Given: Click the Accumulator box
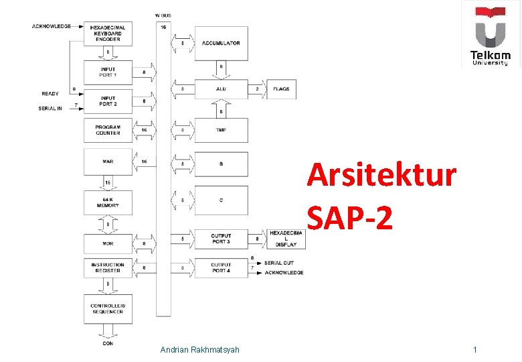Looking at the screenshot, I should click(x=221, y=43).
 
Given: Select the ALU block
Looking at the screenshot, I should click(x=221, y=88).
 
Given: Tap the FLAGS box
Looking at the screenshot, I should click(x=281, y=88).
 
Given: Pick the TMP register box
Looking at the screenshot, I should click(x=221, y=130).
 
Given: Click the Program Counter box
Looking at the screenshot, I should click(x=108, y=130).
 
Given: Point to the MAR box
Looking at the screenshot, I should click(x=108, y=162).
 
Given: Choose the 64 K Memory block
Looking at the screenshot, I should click(x=108, y=202).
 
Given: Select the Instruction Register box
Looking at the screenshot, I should click(x=108, y=268).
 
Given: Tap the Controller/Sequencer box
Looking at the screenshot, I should click(x=108, y=308).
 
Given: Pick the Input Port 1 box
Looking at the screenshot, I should click(x=108, y=71).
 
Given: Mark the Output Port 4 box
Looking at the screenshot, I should click(x=221, y=268).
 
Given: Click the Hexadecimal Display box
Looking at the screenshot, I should click(x=286, y=239).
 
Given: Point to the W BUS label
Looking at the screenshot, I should click(x=163, y=15).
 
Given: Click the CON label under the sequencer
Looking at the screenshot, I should click(x=108, y=344).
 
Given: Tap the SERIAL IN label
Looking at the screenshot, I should click(x=50, y=108).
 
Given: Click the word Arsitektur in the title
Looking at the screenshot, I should click(x=381, y=176).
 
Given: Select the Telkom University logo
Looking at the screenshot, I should click(x=490, y=35).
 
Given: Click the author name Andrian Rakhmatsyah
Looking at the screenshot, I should click(x=200, y=350).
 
